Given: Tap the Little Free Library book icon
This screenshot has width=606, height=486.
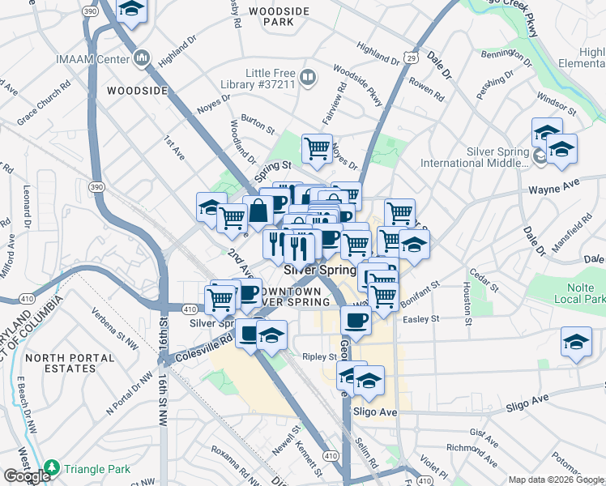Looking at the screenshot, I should coord(308,78).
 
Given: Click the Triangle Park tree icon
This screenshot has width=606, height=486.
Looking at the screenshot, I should coord(52,467).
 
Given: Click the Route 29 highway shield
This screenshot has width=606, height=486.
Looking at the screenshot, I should coord(411,58).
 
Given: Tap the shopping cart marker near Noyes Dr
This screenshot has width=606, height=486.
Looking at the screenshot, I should coord(317,148).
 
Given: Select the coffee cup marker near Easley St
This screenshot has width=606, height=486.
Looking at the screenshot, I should coord(356,320).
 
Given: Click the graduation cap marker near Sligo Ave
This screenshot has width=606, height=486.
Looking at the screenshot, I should coord(369,380).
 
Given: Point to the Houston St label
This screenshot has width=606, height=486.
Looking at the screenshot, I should coord(467,301).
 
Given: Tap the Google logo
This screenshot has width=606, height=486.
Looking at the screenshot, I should coord(27,475).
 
